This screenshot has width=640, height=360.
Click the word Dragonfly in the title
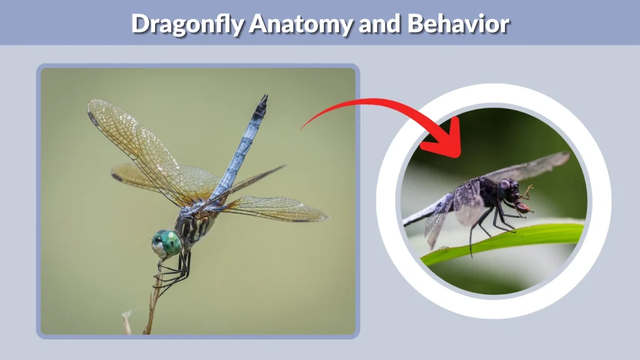(x=187, y=24)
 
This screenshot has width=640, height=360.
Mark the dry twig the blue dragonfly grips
(x=151, y=306)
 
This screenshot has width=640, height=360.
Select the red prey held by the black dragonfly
(x=523, y=207)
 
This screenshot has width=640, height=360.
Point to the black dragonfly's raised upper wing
(x=531, y=166)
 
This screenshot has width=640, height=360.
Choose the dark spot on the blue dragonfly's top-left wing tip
(x=94, y=119)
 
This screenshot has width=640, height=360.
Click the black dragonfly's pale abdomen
(x=425, y=212)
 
